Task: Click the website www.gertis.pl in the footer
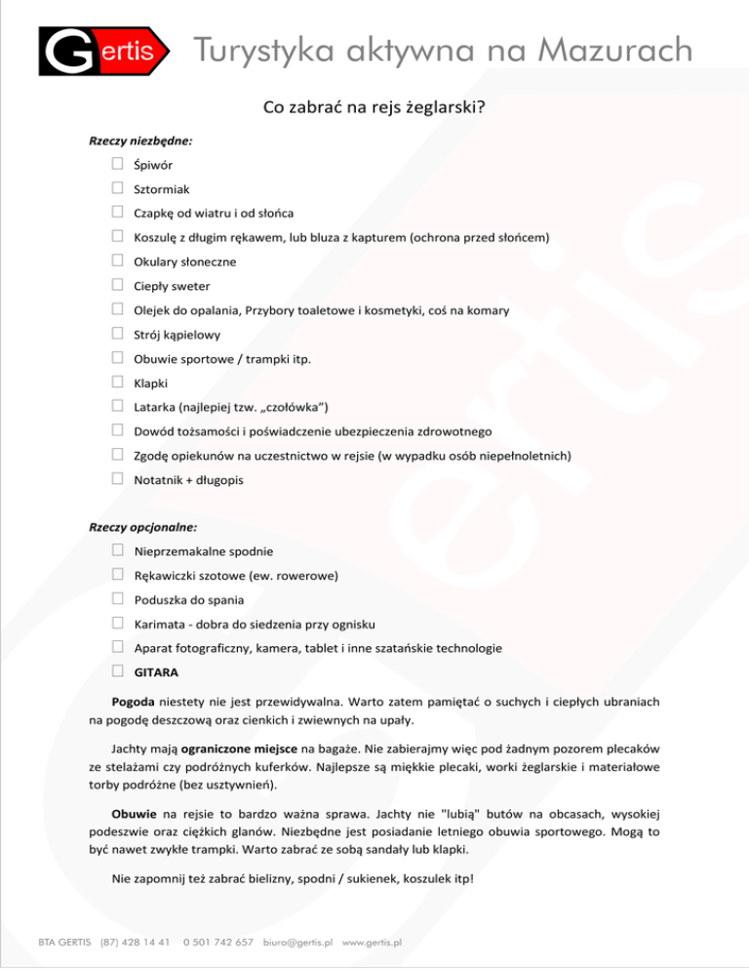(x=373, y=943)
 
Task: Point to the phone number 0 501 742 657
(x=217, y=943)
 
